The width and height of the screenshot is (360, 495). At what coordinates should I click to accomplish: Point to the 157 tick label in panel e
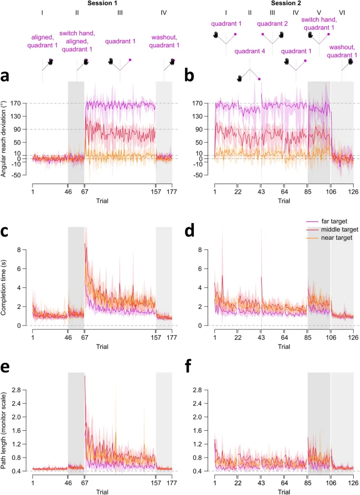pyautogui.click(x=156, y=482)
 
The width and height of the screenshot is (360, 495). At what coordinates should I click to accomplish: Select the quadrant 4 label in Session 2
pyautogui.click(x=250, y=51)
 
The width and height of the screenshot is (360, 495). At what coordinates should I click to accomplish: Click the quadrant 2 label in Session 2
pyautogui.click(x=272, y=24)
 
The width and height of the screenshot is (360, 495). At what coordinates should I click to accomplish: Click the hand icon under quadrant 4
pyautogui.click(x=240, y=78)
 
